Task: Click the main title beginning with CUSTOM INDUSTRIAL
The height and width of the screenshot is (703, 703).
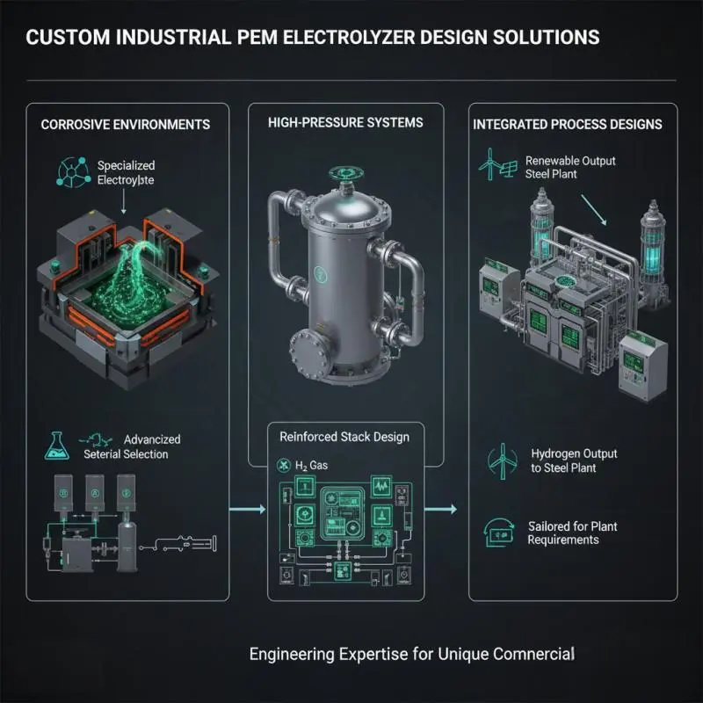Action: (x=312, y=37)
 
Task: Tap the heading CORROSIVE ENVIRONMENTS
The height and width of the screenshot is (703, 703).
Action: (x=126, y=124)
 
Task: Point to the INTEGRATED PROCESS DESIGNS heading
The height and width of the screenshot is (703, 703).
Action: (x=568, y=124)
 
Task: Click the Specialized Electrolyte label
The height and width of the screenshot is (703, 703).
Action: (x=127, y=173)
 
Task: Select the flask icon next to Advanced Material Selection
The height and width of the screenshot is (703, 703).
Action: (x=54, y=446)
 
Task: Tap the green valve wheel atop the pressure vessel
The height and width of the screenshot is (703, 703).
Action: (x=339, y=174)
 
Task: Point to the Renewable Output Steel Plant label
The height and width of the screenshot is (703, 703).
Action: (x=570, y=168)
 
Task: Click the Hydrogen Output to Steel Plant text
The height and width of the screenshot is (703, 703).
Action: (x=575, y=460)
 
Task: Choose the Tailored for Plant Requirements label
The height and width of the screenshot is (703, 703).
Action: (x=572, y=533)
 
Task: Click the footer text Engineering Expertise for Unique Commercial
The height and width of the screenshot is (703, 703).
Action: (x=412, y=654)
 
